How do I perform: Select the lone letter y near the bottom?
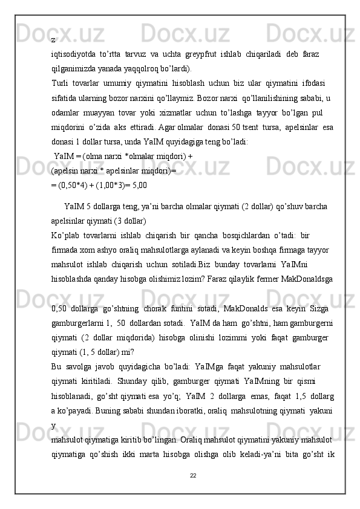54,426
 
